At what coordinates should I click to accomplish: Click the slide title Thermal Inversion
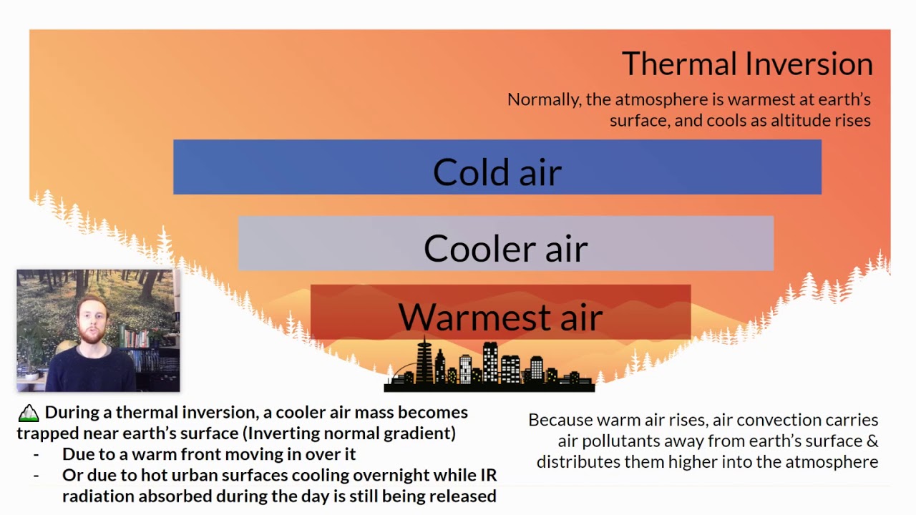pos(747,64)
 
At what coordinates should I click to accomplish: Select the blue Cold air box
pos(497,167)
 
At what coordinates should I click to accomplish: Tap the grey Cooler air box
pos(505,244)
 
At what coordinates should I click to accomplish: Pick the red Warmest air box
pos(500,313)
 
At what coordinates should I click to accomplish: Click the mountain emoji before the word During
pos(29,413)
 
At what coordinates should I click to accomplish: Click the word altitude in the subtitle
pos(796,120)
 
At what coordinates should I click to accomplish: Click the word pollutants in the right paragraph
pos(613,441)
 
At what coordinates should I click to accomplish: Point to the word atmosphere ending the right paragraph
pos(832,462)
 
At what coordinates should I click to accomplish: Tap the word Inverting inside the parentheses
pos(286,433)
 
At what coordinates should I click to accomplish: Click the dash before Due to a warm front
pos(36,454)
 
